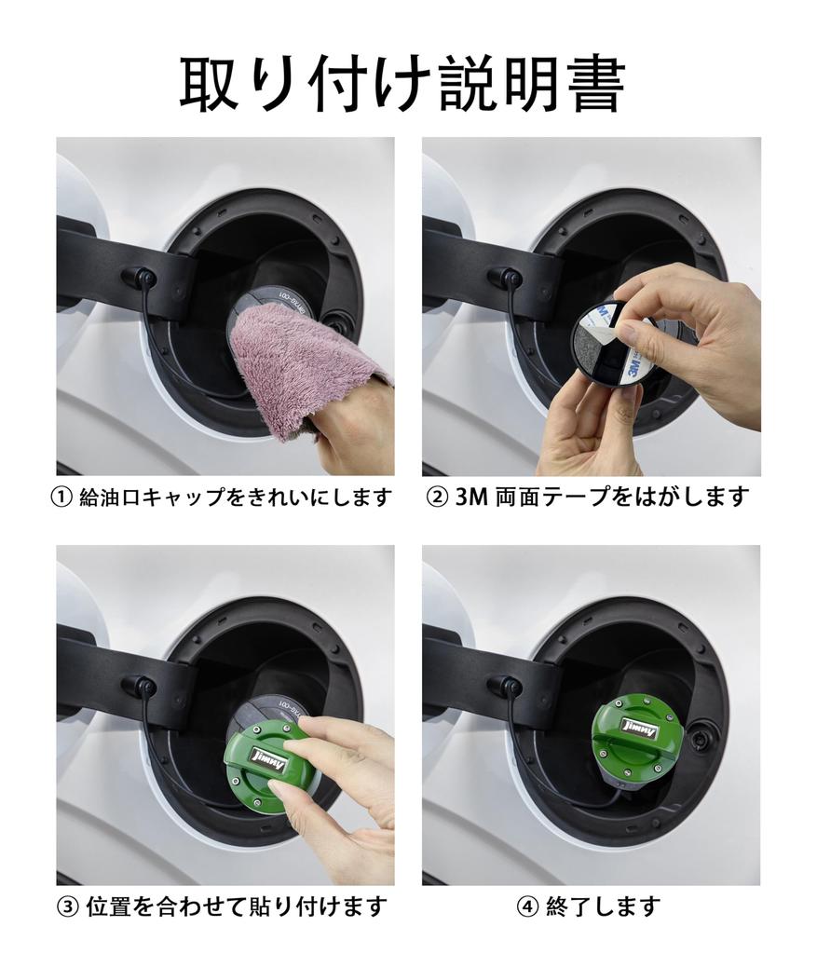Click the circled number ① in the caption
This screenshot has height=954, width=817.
pos(61,498)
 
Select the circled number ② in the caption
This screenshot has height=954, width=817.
pos(438,497)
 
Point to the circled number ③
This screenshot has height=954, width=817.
pos(68,906)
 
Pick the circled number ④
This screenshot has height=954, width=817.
pos(527,906)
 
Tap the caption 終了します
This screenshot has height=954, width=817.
pos(602,906)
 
